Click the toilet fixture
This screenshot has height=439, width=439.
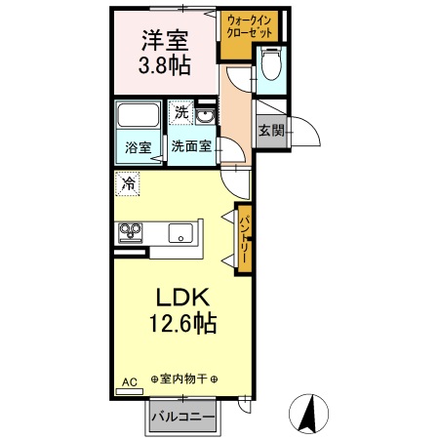point(270,66)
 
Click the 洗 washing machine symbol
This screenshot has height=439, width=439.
point(181,113)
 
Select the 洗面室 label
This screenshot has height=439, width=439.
point(191,147)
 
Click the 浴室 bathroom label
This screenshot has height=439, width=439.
point(138,148)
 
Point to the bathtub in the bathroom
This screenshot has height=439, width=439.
point(138,118)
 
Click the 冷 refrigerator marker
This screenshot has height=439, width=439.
point(129,182)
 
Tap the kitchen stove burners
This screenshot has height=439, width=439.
point(131,231)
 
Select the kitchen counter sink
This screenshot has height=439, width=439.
point(180,233)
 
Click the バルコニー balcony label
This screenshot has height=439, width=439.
point(187,418)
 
